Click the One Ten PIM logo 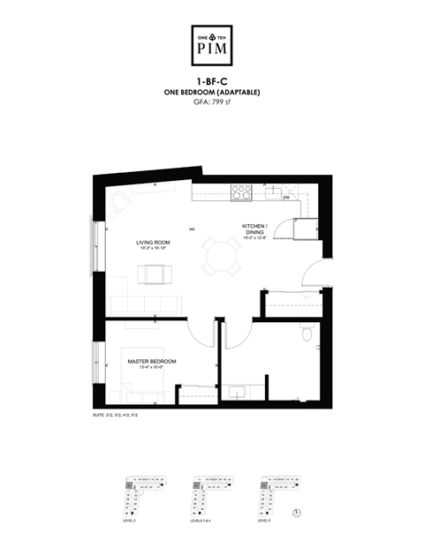pyautogui.click(x=212, y=44)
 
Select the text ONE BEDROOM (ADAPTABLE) pyautogui.click(x=212, y=94)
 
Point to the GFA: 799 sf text pyautogui.click(x=212, y=102)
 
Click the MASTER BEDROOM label pyautogui.click(x=151, y=362)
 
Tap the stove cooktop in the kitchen pyautogui.click(x=240, y=191)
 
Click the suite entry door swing pyautogui.click(x=314, y=274)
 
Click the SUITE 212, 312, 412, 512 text pyautogui.click(x=115, y=414)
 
